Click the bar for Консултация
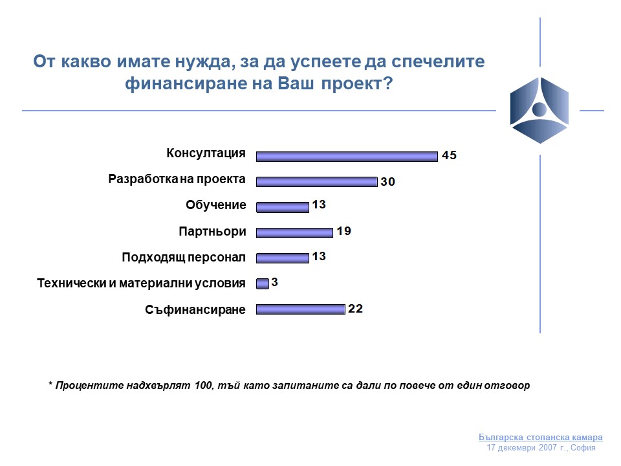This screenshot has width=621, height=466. pyautogui.click(x=347, y=157)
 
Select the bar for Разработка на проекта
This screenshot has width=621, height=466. pyautogui.click(x=317, y=182)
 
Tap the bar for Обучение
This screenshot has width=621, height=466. pyautogui.click(x=283, y=207)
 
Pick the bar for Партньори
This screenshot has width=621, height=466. pyautogui.click(x=295, y=233)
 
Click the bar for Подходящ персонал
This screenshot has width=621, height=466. pyautogui.click(x=283, y=258)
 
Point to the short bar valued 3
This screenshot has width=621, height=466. pyautogui.click(x=263, y=283)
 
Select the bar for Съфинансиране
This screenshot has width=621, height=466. pyautogui.click(x=301, y=309)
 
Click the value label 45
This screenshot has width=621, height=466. pyautogui.click(x=449, y=155)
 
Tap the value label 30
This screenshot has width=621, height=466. pyautogui.click(x=387, y=181)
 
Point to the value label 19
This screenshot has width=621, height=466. pyautogui.click(x=343, y=231)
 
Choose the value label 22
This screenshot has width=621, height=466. pyautogui.click(x=355, y=309)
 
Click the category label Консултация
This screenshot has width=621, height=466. pyautogui.click(x=206, y=153)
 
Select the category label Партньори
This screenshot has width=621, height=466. pyautogui.click(x=212, y=231)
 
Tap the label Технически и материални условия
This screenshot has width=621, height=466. pyautogui.click(x=141, y=283)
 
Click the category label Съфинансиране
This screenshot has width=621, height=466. pyautogui.click(x=195, y=309)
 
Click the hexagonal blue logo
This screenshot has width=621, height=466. pyautogui.click(x=539, y=110)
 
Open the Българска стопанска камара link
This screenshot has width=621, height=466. pyautogui.click(x=541, y=437)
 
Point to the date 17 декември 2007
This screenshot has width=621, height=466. pyautogui.click(x=522, y=448)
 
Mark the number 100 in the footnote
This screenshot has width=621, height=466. pyautogui.click(x=203, y=385)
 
